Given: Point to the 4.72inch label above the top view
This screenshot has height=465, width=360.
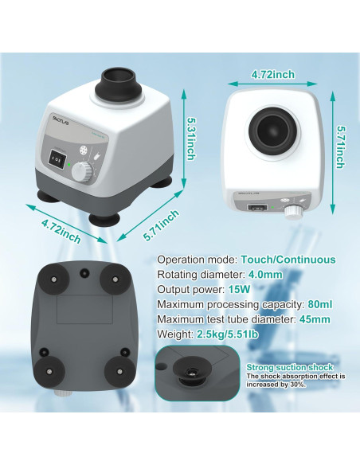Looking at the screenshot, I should pyautogui.click(x=272, y=74).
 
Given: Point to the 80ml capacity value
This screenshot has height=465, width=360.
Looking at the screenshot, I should pyautogui.click(x=319, y=305).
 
